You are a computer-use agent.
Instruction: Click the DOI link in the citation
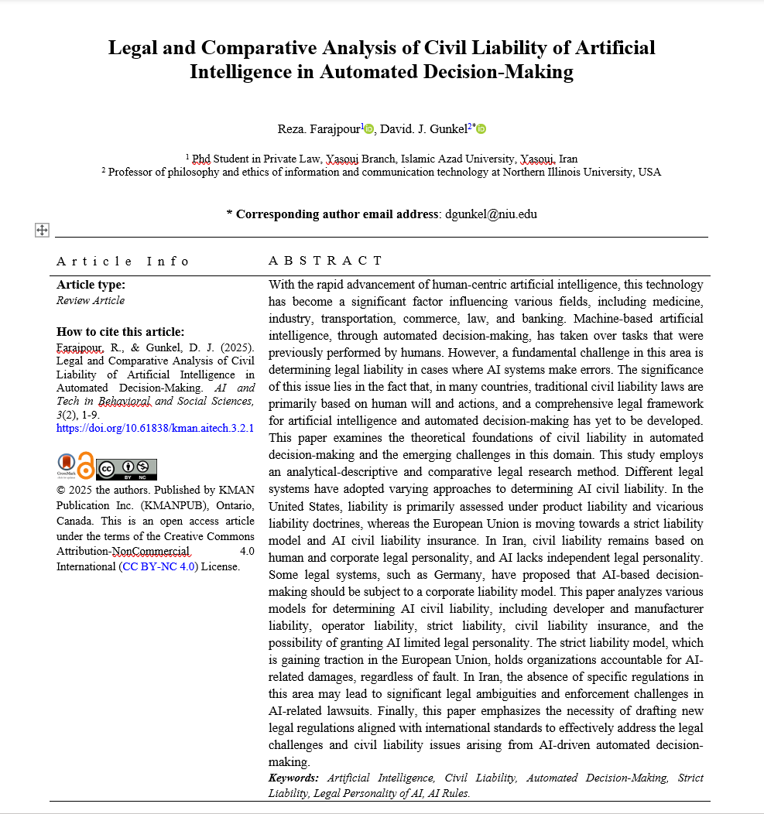point(155,428)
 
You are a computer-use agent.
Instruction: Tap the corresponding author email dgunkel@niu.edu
point(491,214)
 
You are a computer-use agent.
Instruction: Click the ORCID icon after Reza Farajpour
point(368,128)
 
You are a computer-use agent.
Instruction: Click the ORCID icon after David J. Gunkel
point(481,128)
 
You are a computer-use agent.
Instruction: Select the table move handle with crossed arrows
point(42,230)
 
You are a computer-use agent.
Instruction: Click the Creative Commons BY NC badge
point(126,469)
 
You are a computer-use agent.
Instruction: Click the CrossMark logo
point(67,465)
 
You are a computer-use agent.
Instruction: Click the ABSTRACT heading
point(325,261)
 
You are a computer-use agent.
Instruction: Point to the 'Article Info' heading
point(122,261)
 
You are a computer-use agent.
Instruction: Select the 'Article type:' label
point(91,284)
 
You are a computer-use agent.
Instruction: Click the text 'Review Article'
point(91,300)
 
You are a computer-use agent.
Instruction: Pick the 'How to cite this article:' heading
point(121,331)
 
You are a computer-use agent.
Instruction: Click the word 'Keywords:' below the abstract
point(293,778)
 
